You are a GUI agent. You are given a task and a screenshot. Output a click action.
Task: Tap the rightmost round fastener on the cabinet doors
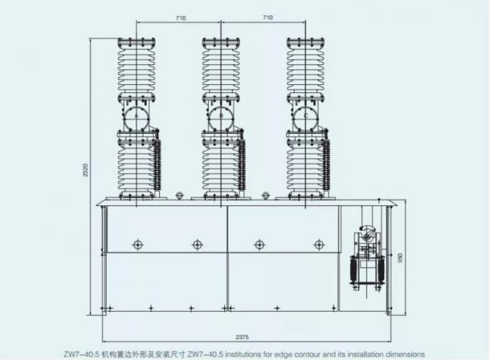318,245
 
